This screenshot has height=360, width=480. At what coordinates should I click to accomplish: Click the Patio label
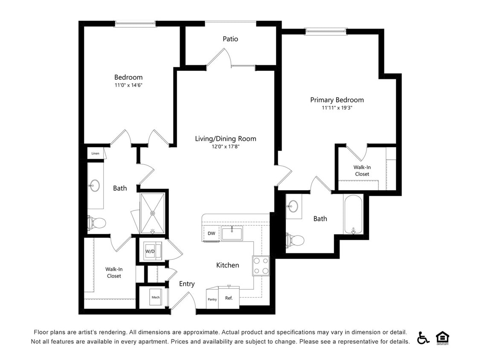(230, 39)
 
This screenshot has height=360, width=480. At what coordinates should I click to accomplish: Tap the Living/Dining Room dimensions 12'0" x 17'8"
(225, 147)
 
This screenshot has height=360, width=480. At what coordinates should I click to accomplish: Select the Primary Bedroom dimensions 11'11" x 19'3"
(337, 108)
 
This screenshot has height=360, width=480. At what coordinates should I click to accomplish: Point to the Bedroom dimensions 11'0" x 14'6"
(128, 85)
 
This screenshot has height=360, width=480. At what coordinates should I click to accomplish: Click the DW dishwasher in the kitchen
(212, 233)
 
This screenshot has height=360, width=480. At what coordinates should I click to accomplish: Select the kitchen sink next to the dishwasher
(232, 234)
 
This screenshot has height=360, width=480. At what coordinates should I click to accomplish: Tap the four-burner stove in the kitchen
(261, 266)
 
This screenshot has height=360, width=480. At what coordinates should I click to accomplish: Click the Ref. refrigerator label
(229, 298)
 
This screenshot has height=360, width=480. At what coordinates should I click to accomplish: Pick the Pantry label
(212, 299)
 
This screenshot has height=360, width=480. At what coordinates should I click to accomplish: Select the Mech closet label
(155, 297)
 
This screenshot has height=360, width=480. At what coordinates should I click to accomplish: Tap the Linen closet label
(95, 153)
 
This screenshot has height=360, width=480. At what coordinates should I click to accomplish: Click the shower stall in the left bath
(152, 213)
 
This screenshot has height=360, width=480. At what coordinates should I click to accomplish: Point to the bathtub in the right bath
(353, 214)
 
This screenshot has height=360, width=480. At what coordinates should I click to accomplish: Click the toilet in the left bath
(97, 223)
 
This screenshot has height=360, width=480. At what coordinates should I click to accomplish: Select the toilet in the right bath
(295, 240)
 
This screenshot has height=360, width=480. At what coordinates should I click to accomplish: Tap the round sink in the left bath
(94, 186)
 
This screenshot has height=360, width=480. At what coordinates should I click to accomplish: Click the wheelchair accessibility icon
(423, 338)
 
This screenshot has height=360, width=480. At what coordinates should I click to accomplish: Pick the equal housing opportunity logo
(442, 338)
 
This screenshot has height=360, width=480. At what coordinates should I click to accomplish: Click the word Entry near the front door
(187, 284)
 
